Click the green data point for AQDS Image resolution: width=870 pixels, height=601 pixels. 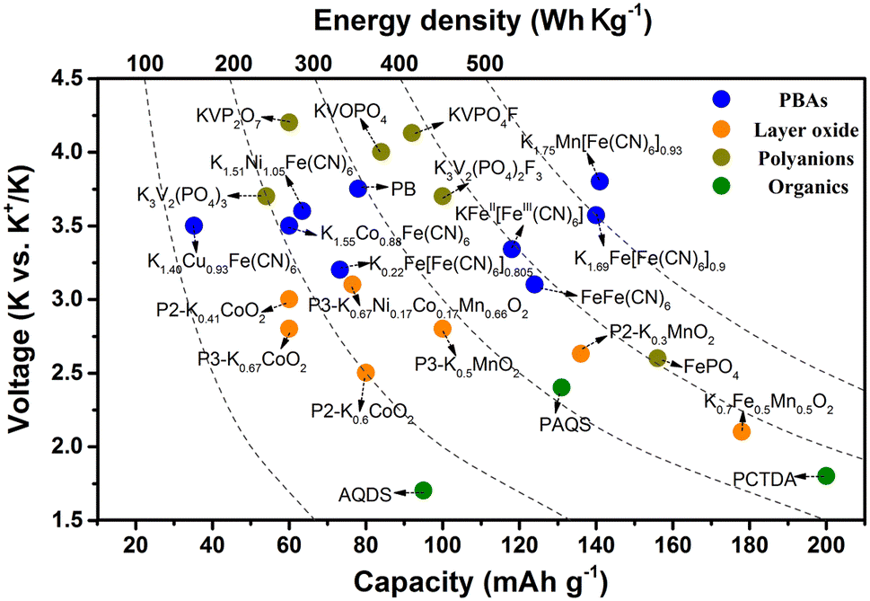(x=424, y=491)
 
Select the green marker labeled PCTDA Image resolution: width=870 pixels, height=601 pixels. (x=827, y=475)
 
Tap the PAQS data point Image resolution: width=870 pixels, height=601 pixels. (x=562, y=387)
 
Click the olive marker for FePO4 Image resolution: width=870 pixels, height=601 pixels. (x=657, y=358)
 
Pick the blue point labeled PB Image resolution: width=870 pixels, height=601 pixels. (x=358, y=188)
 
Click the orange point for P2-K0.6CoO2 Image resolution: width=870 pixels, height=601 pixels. (x=365, y=372)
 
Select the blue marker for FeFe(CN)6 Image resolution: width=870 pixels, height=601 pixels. (x=534, y=284)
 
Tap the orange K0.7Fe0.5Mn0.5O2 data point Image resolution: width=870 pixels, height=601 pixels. (x=742, y=431)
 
